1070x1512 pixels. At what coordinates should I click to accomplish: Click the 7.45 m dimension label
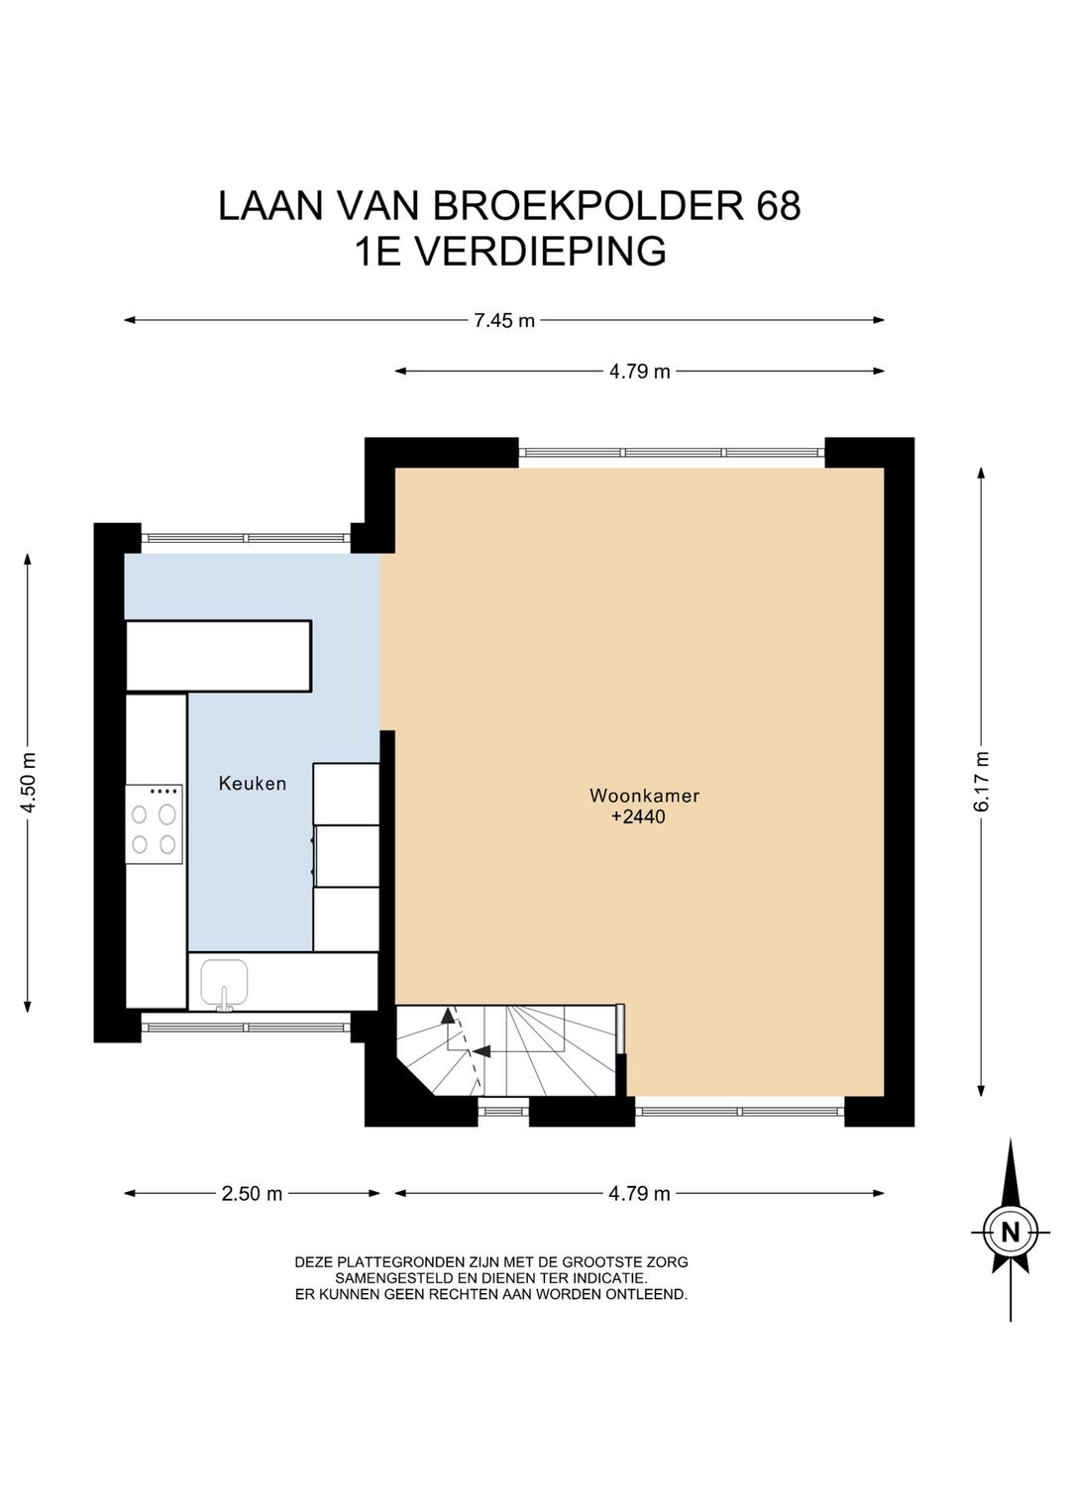[503, 321]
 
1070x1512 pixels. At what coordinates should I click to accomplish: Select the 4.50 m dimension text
[28, 783]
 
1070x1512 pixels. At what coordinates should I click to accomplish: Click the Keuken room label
[253, 784]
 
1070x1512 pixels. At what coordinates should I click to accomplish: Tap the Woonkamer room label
[644, 796]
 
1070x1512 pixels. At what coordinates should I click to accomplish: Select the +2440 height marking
[638, 817]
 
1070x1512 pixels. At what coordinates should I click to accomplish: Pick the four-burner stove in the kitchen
[154, 824]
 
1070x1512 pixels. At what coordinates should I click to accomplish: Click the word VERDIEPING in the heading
[539, 251]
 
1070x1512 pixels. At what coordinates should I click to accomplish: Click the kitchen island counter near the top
[219, 656]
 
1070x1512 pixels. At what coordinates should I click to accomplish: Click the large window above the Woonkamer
[672, 453]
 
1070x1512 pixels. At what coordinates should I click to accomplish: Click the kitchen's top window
[246, 538]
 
